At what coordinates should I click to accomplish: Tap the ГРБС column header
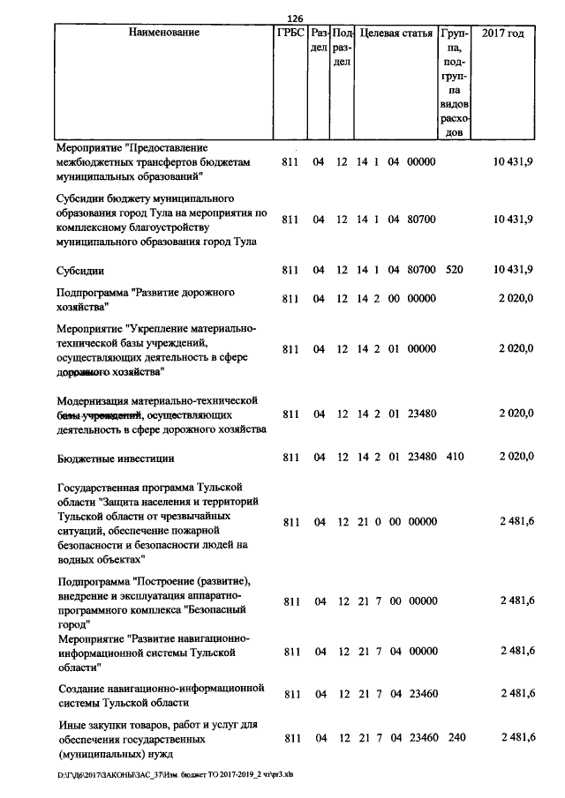pos(291,33)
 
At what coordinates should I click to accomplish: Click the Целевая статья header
pos(396,33)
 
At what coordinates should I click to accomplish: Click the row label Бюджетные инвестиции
pos(115,459)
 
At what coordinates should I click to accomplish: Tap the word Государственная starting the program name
pos(100,487)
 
